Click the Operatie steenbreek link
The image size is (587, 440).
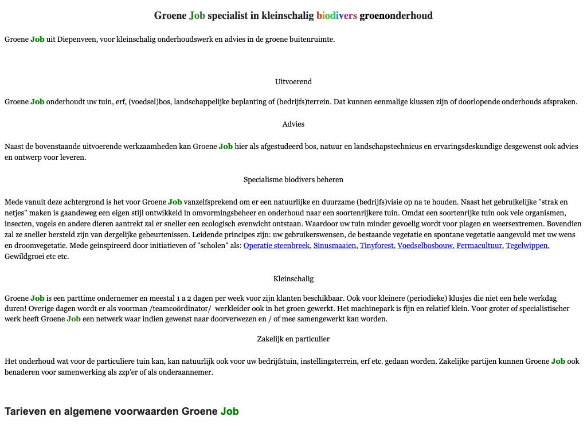(x=276, y=246)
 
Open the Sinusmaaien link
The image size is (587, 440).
(x=335, y=246)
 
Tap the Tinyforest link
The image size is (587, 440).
(x=376, y=246)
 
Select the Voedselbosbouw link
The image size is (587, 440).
(x=424, y=246)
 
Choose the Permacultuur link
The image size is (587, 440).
(x=479, y=246)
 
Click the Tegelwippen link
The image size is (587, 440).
(x=527, y=246)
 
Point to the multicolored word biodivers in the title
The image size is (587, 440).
(x=336, y=15)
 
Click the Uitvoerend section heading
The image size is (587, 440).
(x=293, y=82)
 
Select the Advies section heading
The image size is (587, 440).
(x=293, y=124)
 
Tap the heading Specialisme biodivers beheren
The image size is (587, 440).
(x=293, y=180)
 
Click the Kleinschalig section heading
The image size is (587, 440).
(x=293, y=279)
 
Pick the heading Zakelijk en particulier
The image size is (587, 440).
(x=293, y=339)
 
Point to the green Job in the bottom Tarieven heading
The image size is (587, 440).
(x=229, y=411)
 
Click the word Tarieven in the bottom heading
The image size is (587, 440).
(x=25, y=411)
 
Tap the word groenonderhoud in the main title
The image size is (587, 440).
(x=396, y=15)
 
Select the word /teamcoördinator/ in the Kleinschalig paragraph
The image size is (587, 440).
(x=184, y=309)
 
